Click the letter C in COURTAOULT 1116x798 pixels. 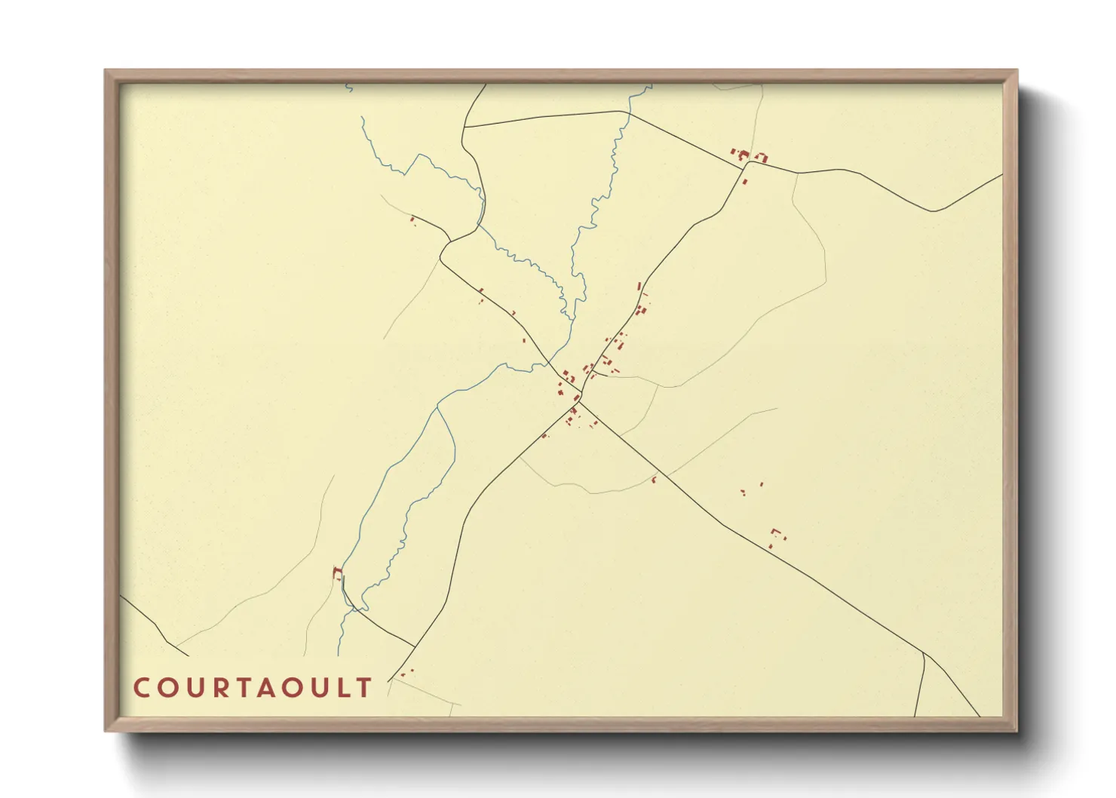[141, 688]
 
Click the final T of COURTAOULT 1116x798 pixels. [365, 688]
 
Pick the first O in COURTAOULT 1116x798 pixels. [166, 688]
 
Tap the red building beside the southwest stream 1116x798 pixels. [336, 572]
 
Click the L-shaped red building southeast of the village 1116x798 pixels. [775, 533]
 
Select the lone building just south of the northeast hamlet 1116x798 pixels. [745, 182]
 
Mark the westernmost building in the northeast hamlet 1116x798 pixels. [732, 151]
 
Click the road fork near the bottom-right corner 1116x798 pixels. [924, 652]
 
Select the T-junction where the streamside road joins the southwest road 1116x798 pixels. [414, 646]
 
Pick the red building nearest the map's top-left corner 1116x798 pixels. [412, 219]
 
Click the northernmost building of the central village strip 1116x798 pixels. [639, 286]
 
